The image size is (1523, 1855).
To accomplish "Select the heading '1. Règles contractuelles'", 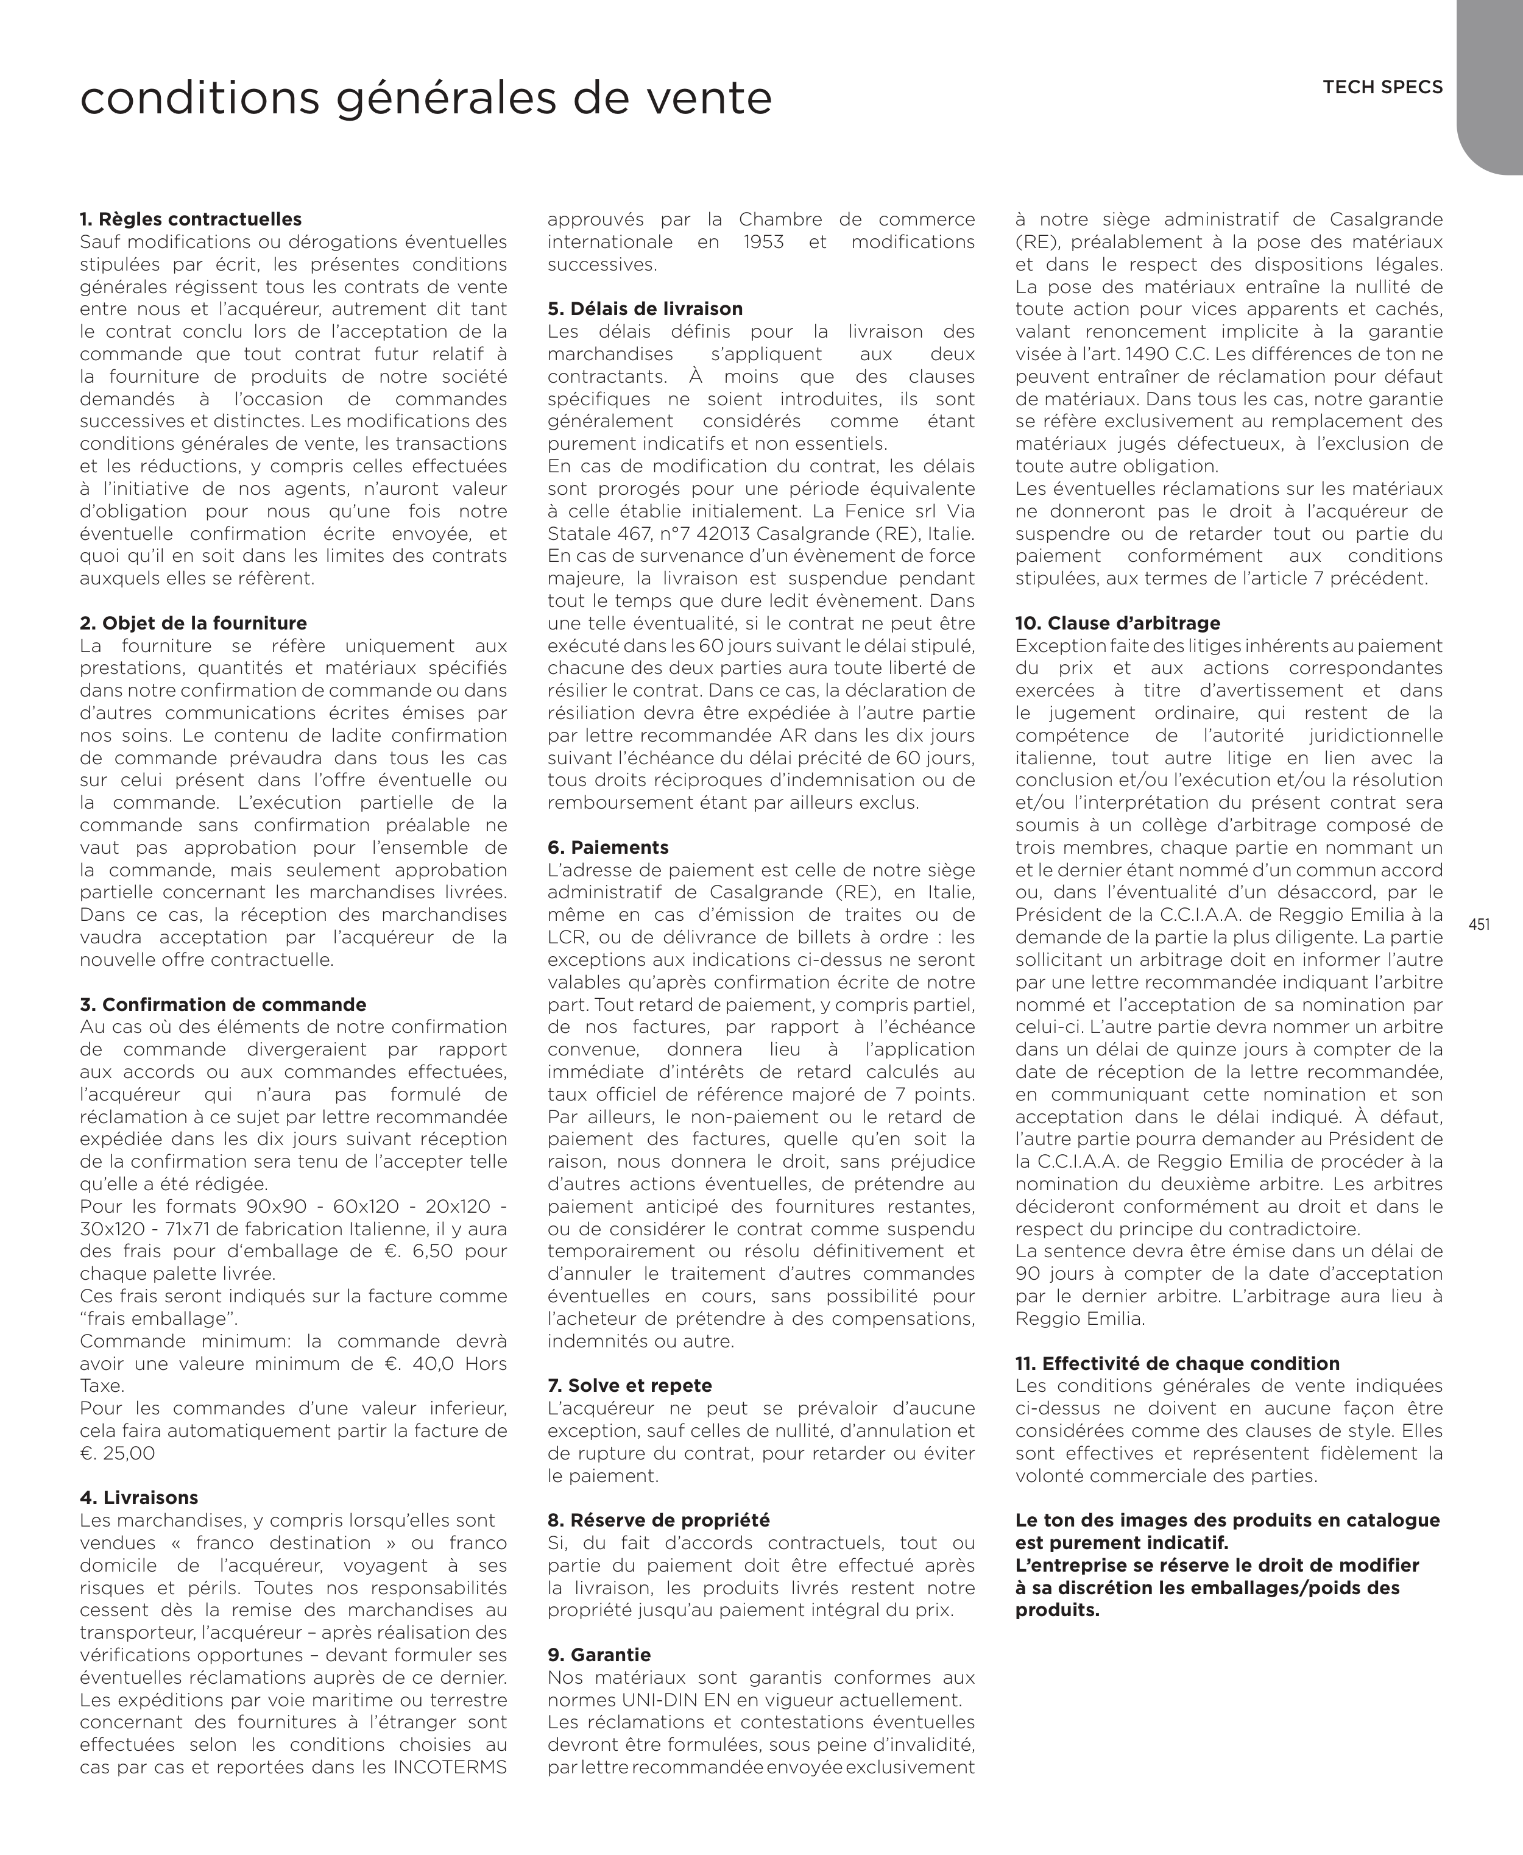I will (x=190, y=219).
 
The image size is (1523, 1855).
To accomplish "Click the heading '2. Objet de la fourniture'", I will (x=193, y=623).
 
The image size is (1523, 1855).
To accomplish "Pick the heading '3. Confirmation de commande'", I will (x=223, y=1005).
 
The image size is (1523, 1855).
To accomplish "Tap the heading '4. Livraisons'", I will (x=139, y=1498).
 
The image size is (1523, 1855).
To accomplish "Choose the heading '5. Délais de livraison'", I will (x=645, y=309).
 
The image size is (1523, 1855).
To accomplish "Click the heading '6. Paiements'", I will (x=607, y=848).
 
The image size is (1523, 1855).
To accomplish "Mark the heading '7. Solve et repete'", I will (x=629, y=1386).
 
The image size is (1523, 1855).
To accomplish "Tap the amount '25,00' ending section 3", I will (x=130, y=1453).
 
